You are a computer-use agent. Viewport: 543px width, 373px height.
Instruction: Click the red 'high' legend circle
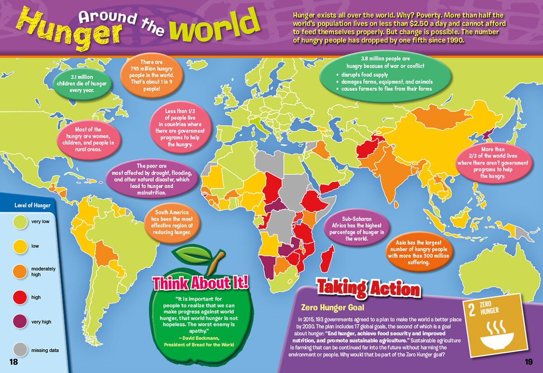[x=20, y=297]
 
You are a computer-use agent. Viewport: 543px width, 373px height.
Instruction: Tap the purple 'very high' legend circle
[x=20, y=321]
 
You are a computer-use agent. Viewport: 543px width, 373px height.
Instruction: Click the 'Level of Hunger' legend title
[x=32, y=206]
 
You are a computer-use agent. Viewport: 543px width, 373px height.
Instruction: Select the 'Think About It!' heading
[x=200, y=283]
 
